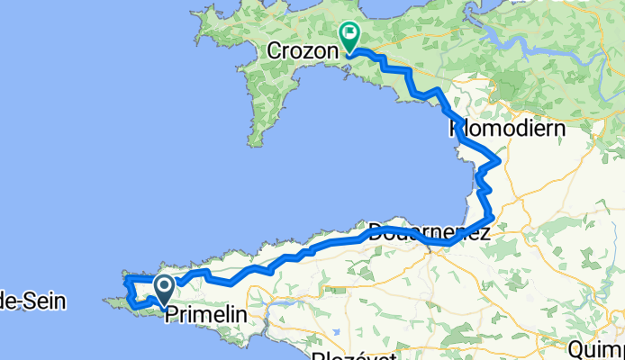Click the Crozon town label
302,51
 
